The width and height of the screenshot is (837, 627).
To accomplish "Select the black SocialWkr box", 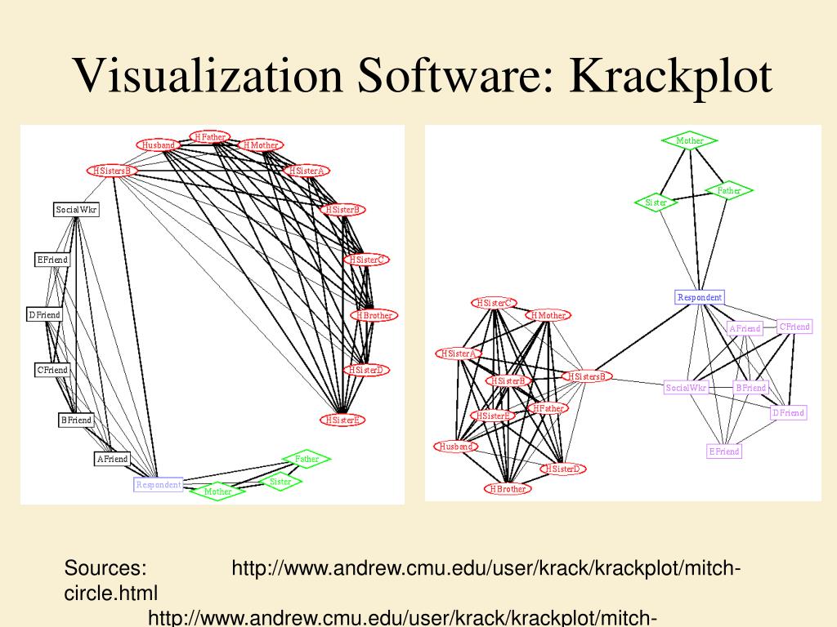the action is click(x=76, y=210).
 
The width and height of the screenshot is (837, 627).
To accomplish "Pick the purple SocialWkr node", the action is click(x=686, y=388).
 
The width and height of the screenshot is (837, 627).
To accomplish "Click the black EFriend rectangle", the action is click(x=51, y=260).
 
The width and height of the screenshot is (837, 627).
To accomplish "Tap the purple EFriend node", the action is click(x=723, y=451).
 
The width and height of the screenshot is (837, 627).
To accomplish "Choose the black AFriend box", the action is click(x=112, y=459).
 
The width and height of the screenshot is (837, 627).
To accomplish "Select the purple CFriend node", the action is click(x=794, y=327).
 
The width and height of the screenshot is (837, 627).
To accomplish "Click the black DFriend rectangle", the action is click(x=44, y=315).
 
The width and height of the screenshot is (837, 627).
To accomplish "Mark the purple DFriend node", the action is click(x=788, y=413).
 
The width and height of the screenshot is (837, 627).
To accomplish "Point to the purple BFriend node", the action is click(x=750, y=388).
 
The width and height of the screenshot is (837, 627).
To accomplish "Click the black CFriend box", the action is click(x=51, y=370).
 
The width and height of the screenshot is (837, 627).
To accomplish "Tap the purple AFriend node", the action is click(x=744, y=328).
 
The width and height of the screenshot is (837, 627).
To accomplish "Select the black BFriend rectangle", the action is click(x=76, y=420).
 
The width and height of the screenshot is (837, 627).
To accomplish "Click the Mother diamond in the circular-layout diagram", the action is click(x=217, y=491).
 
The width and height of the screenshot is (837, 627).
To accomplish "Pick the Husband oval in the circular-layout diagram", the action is click(x=159, y=145).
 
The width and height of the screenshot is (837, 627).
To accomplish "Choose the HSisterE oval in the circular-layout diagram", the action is click(x=342, y=420).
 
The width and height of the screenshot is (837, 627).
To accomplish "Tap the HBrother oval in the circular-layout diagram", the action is click(x=375, y=315).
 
